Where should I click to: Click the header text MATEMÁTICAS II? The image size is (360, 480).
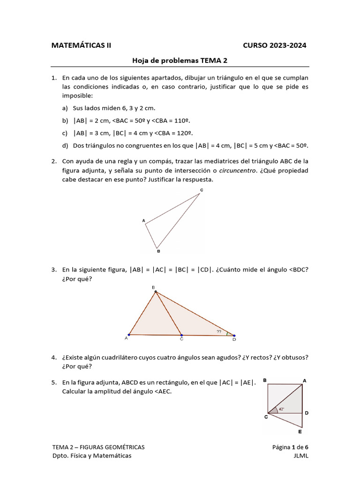point(81,45)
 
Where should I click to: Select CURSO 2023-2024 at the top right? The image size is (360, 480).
point(275,45)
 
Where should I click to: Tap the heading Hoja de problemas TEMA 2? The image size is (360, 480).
point(180,60)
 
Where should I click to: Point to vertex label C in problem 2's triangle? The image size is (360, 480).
point(202,190)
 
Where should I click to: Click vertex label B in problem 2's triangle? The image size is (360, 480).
point(159,252)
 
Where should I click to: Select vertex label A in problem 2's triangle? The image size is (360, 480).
point(143,220)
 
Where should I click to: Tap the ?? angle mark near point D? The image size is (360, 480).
point(219,331)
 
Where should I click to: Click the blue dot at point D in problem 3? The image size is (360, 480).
point(234,335)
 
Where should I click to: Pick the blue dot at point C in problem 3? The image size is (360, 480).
point(181,335)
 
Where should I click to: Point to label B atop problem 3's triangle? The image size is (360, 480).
point(153,287)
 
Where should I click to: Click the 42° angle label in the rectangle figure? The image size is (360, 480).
point(281,409)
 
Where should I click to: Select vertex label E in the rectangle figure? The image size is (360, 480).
point(300,432)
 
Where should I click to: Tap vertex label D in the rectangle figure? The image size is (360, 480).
point(306,413)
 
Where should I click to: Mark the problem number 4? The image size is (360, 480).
point(54,358)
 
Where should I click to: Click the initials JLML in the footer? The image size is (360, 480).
point(300,456)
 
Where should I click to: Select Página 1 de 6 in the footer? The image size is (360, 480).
point(290,447)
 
